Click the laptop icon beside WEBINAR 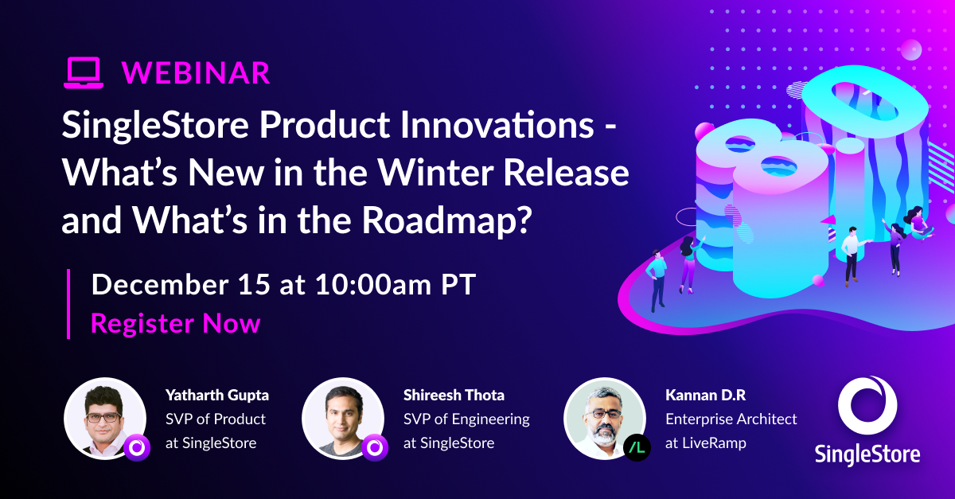point(84,72)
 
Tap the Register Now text point(175,323)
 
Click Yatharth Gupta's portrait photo point(103,418)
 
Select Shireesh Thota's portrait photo point(342,418)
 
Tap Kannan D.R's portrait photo point(603,418)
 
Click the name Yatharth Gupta point(216,396)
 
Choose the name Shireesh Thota point(454,396)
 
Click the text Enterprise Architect point(731,419)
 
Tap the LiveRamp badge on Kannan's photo point(637,448)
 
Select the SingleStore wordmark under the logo point(867,454)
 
